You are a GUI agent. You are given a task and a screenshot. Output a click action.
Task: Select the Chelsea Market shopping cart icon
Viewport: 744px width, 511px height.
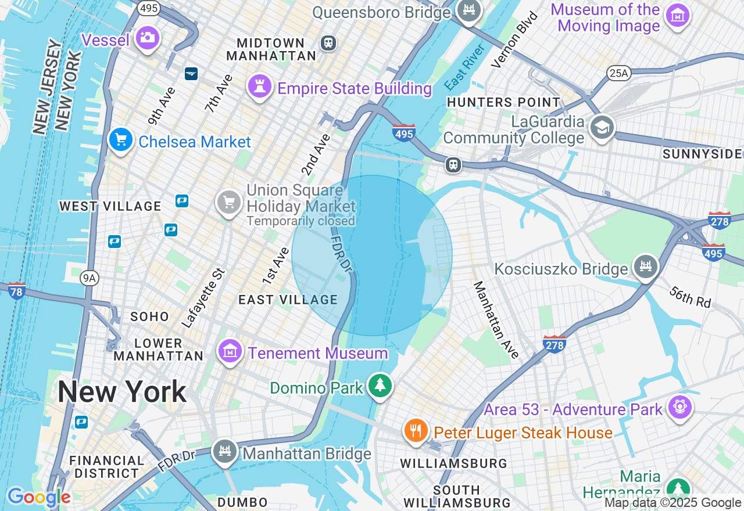pos(121,141)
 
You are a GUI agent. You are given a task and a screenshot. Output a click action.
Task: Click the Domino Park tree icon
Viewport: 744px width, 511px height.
pos(380,386)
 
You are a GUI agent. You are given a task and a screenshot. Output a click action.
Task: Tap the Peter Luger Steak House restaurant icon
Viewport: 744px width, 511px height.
pos(416,431)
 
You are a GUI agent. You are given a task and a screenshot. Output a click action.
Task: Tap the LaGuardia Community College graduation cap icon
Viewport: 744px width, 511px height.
pos(602,128)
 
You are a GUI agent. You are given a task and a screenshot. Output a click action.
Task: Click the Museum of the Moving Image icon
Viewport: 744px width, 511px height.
pos(677,16)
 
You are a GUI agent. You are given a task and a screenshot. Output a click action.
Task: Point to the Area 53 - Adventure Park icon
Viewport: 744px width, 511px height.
pos(679,408)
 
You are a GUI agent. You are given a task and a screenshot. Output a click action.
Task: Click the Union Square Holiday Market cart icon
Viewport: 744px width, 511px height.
pos(228,203)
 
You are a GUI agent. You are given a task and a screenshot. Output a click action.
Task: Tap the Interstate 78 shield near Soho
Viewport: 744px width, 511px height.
pos(17,290)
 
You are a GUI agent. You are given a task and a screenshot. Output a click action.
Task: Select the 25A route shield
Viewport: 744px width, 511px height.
pos(618,73)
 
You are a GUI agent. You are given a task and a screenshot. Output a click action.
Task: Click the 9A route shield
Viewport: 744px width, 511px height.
pos(89,279)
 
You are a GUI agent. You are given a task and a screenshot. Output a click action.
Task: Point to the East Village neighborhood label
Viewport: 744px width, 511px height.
pos(288,300)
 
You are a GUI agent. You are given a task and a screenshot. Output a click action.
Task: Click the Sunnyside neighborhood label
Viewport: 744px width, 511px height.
pos(703,154)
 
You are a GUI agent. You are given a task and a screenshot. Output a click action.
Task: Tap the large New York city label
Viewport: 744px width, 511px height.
pos(122,392)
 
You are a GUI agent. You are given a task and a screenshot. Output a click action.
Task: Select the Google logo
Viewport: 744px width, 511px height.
pos(39,497)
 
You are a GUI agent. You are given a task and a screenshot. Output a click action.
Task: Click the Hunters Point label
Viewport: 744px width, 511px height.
pos(503,103)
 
